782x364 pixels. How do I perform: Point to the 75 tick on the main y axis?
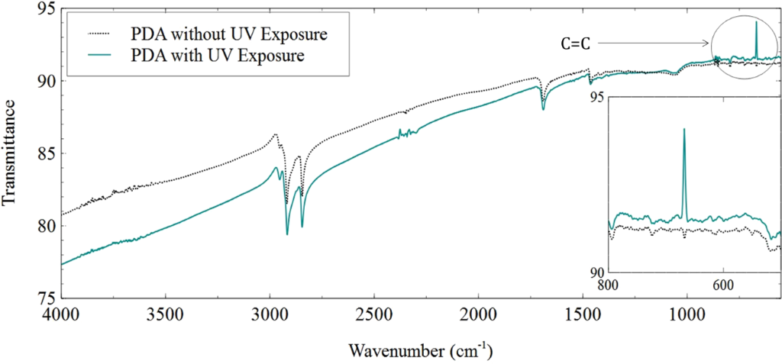[47, 298]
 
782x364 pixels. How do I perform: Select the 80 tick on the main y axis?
[47, 226]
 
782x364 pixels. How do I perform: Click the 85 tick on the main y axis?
[47, 153]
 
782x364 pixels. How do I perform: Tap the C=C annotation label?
[574, 45]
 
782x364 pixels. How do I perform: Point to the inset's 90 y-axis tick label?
[596, 272]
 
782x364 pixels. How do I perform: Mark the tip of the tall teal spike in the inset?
[683, 129]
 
